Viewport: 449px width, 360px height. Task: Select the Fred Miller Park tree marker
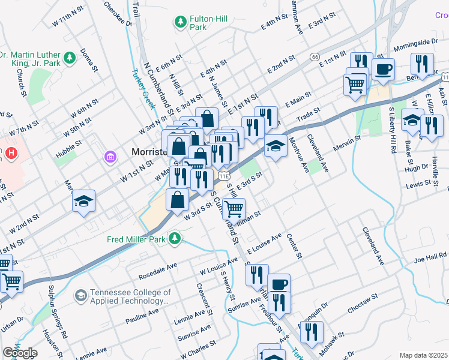pos(175,239)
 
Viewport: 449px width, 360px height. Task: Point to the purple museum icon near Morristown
pos(109,158)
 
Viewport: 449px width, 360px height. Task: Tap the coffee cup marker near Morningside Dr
pos(382,69)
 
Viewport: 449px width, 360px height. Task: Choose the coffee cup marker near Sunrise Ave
pos(278,284)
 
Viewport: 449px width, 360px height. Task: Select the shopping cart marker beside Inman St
pos(233,209)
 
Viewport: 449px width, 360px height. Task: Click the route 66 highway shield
pos(315,56)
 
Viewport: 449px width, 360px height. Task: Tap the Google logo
pos(20,353)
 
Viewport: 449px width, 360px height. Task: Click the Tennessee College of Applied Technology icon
pos(80,296)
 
